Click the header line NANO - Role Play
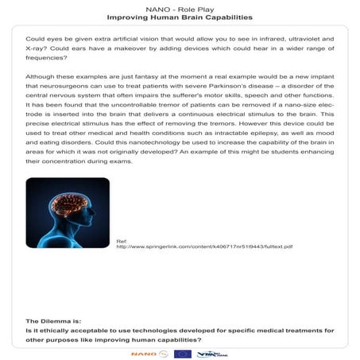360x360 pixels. [179, 6]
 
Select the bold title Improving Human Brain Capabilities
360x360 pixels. [180, 16]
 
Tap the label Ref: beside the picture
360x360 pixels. [122, 240]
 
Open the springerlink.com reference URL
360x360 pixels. [205, 246]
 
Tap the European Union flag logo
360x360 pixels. [182, 352]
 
